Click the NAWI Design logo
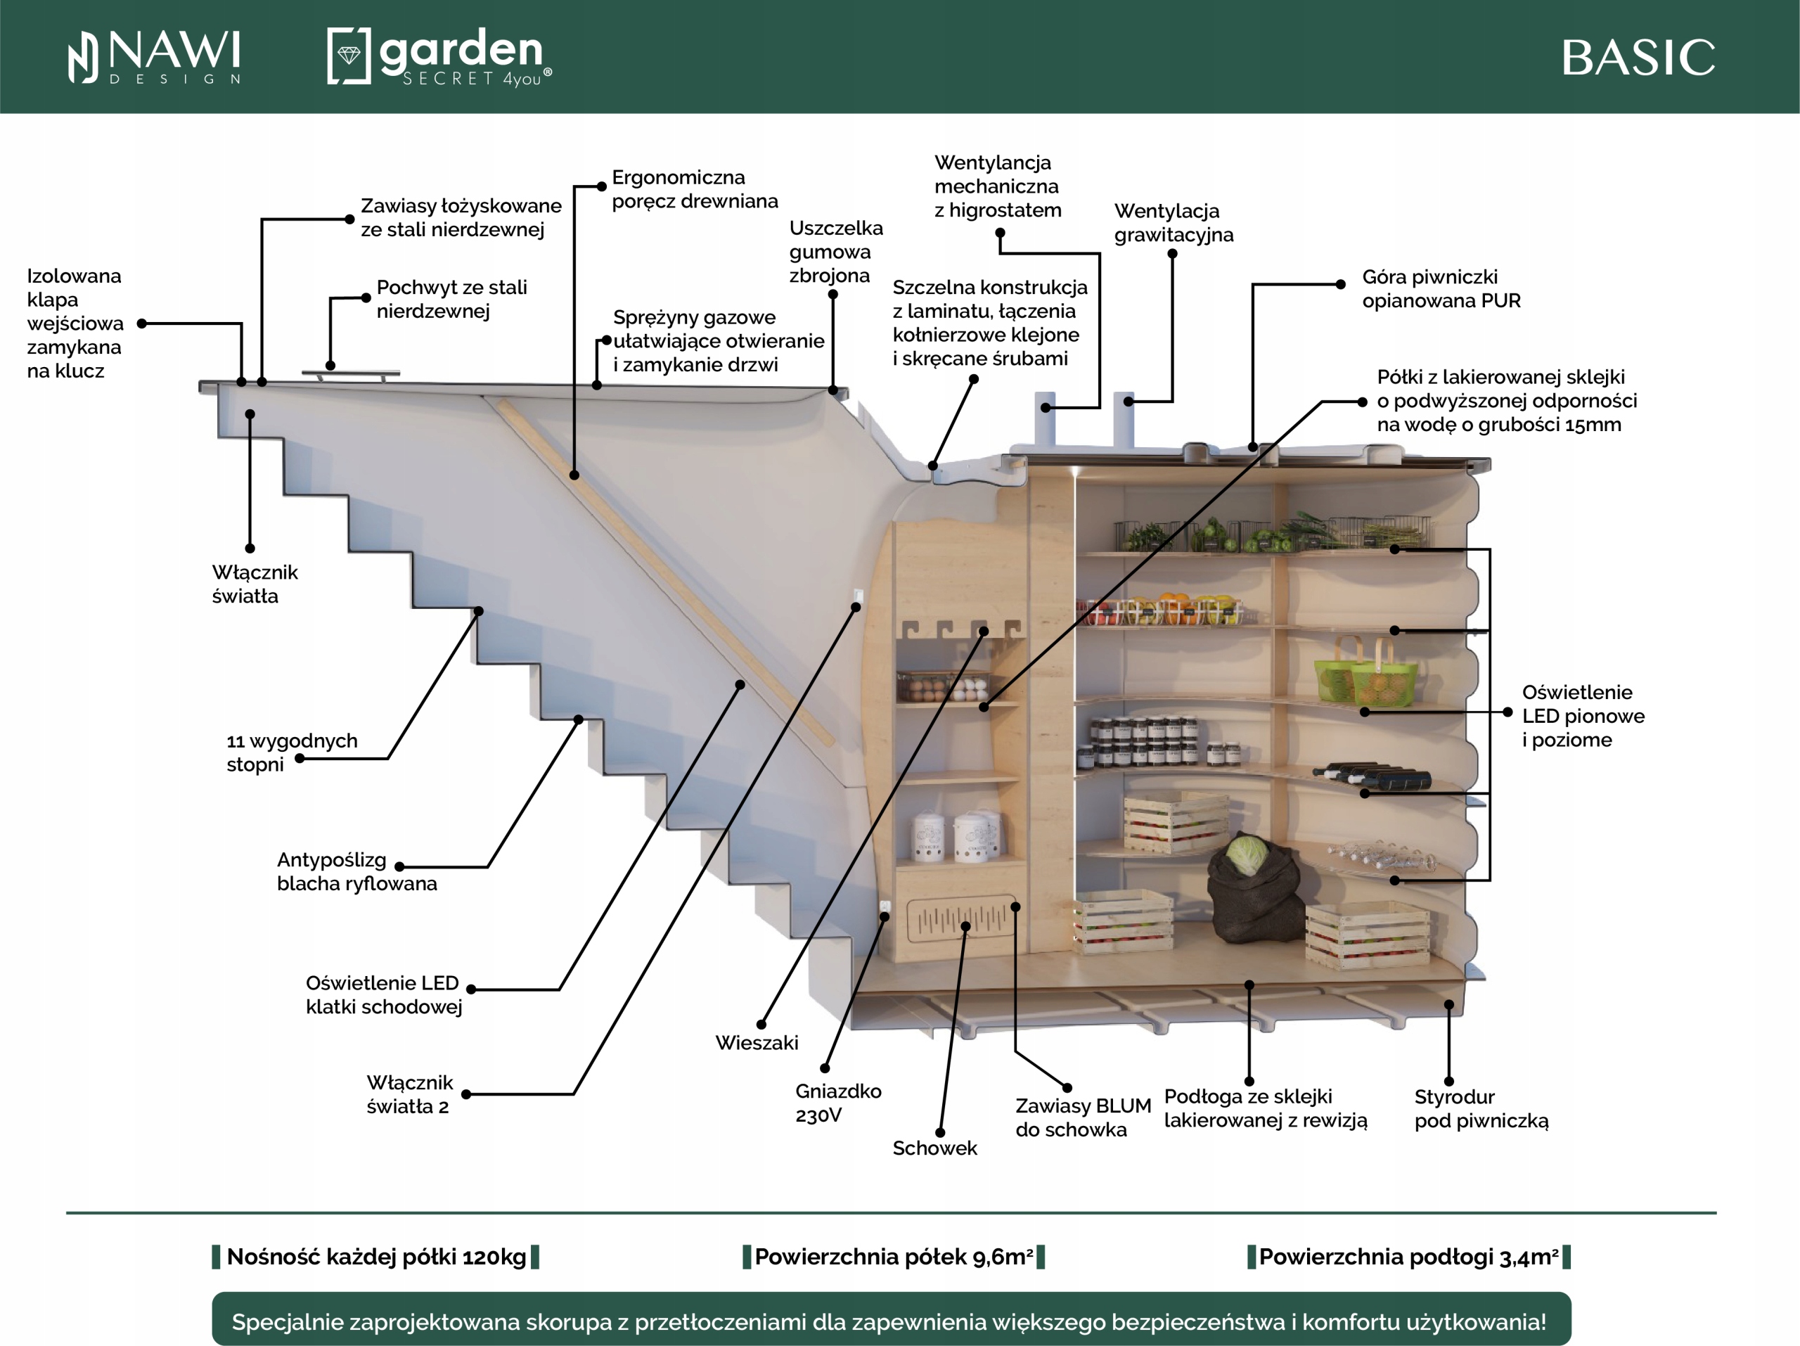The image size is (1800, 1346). pos(155,57)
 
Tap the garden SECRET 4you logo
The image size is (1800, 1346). pos(439,56)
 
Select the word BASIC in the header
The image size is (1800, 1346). pos(1638,58)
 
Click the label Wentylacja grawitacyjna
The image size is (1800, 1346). pos(1173,223)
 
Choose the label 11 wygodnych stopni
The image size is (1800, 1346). pos(290,752)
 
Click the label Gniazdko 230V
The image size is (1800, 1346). pos(837,1103)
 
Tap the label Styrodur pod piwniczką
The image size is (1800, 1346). pos(1480,1108)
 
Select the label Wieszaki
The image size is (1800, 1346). pos(756,1042)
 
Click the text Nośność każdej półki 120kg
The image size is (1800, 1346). pos(376,1257)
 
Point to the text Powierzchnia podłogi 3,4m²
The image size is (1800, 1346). pos(1408,1257)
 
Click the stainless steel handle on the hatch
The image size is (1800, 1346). pos(351,373)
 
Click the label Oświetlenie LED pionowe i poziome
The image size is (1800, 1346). pos(1582,716)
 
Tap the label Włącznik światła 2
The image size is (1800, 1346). pos(409,1094)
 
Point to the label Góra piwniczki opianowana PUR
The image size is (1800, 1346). pos(1440,289)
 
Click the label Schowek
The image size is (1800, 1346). pos(934,1148)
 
